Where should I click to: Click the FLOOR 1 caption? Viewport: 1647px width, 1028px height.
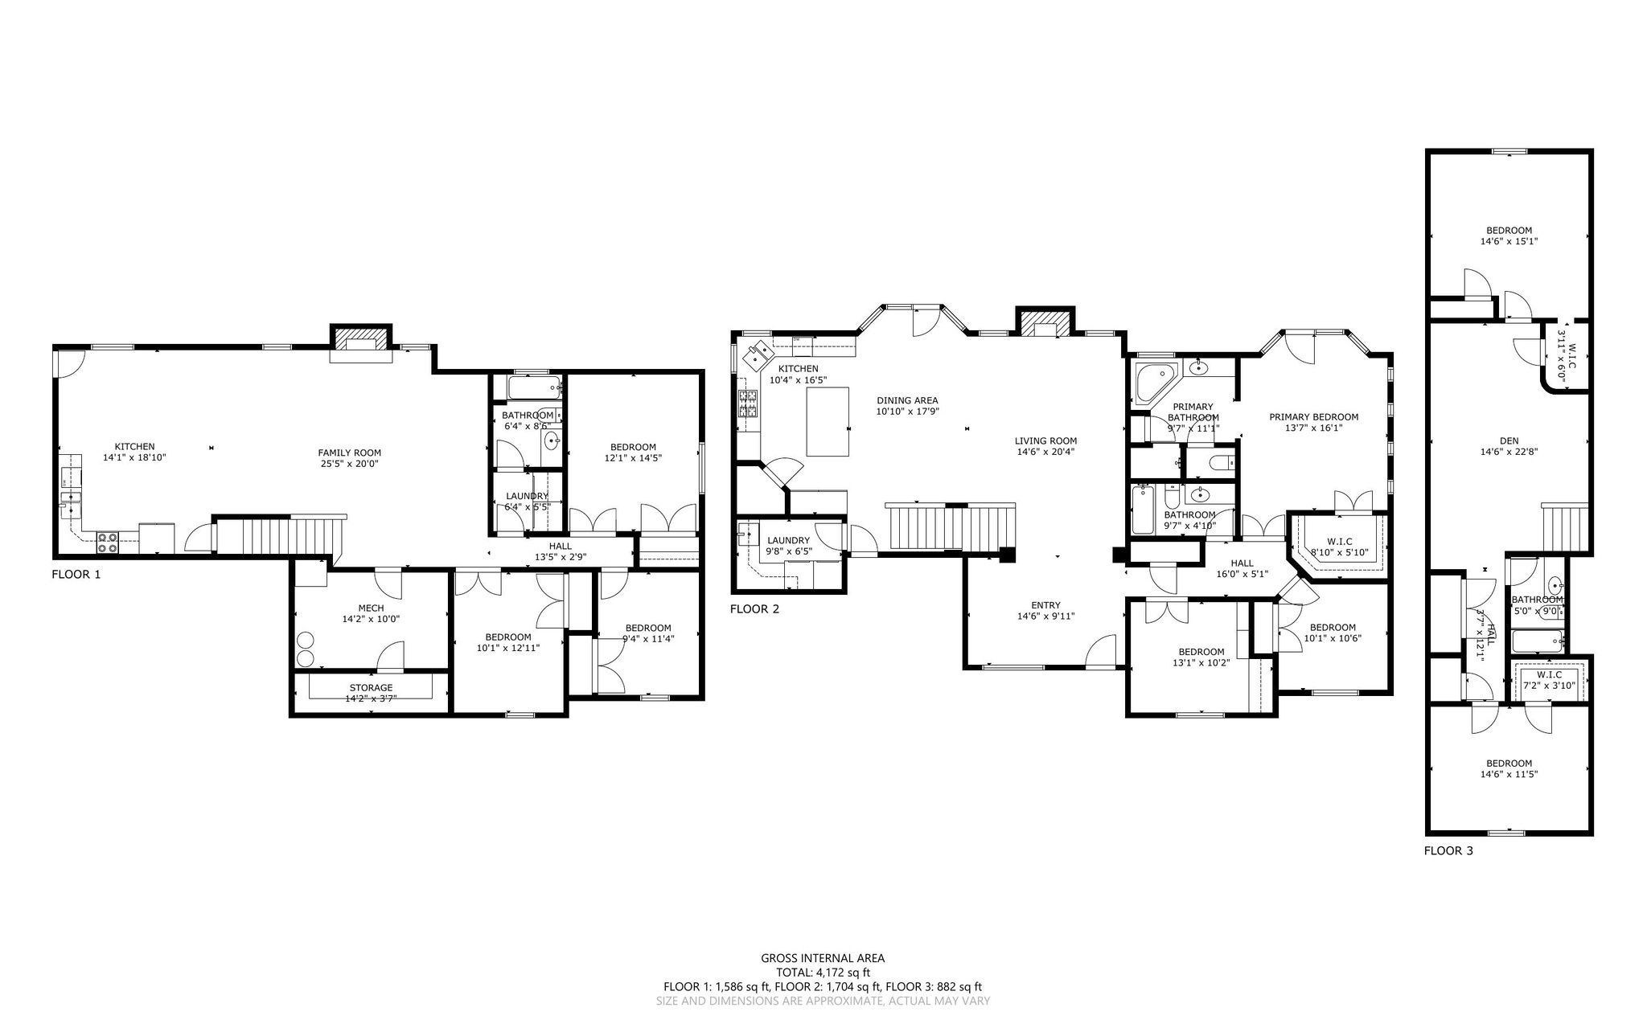point(76,575)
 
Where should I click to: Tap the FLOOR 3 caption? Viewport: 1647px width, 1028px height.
point(1448,850)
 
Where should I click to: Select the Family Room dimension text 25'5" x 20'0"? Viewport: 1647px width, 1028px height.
point(349,464)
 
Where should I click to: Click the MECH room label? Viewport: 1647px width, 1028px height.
point(371,608)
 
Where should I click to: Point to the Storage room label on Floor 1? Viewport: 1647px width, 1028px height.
point(371,688)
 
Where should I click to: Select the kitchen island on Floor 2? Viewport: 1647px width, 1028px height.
point(828,421)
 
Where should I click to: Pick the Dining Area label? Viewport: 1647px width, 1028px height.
point(907,400)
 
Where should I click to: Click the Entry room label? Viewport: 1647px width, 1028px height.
point(1045,605)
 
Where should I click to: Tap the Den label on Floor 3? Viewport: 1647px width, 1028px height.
point(1509,440)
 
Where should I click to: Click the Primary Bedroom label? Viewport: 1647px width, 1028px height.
point(1313,417)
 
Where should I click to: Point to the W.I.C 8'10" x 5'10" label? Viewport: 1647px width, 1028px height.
point(1339,542)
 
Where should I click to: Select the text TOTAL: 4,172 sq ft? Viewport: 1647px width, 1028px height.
point(823,973)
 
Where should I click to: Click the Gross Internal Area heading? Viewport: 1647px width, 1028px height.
point(823,958)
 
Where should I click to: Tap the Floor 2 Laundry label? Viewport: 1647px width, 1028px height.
point(787,540)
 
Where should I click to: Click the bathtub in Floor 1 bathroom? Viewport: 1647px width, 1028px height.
point(534,388)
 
